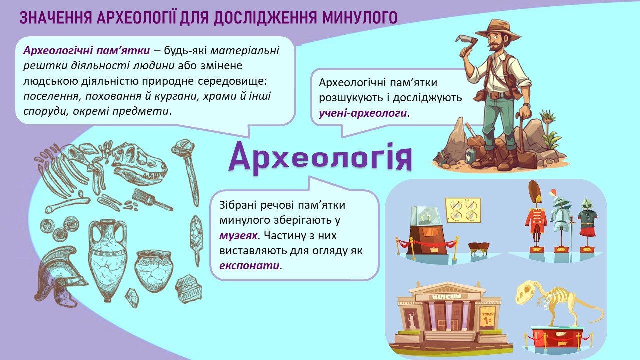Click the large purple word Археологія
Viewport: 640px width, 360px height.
pyautogui.click(x=320, y=158)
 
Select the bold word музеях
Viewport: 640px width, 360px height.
pyautogui.click(x=238, y=236)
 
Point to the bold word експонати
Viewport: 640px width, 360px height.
pyautogui.click(x=249, y=266)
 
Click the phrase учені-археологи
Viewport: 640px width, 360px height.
pyautogui.click(x=363, y=113)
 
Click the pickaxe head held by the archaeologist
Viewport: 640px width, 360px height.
pyautogui.click(x=468, y=43)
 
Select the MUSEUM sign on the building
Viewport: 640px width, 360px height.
pyautogui.click(x=446, y=297)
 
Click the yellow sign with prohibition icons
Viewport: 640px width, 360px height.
pyautogui.click(x=463, y=211)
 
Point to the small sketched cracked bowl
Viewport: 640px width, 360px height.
pyautogui.click(x=154, y=270)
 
